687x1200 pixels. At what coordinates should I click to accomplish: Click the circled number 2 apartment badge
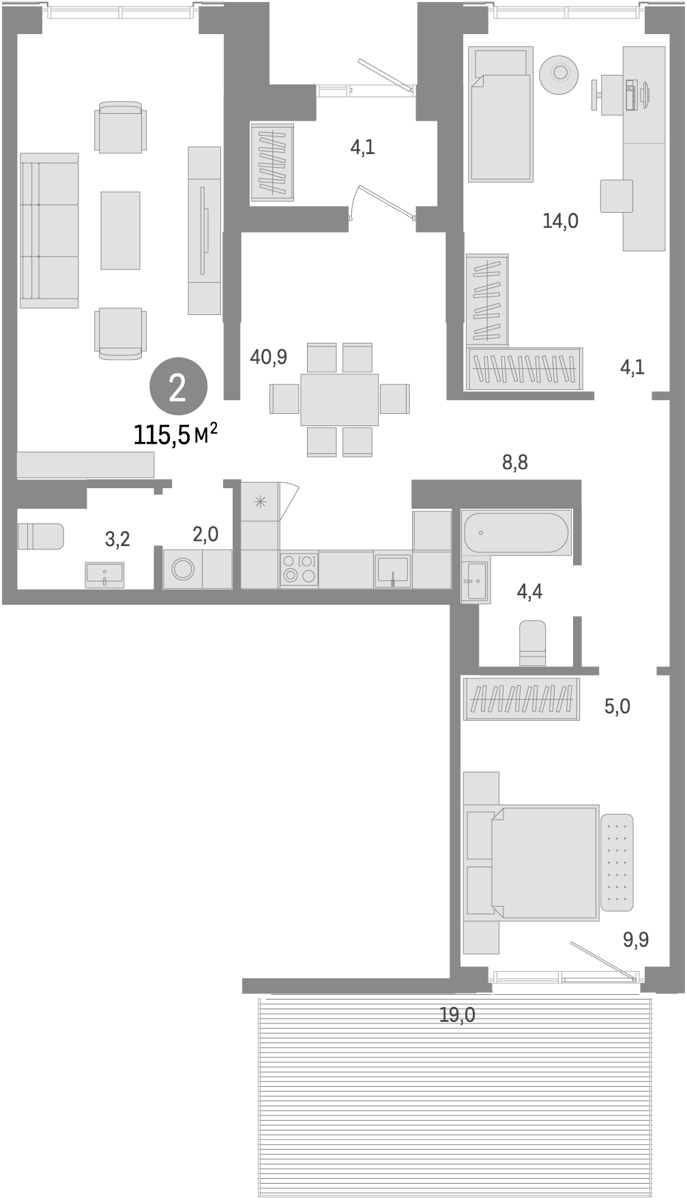pyautogui.click(x=177, y=388)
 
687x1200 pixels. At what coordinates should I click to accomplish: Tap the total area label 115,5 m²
pyautogui.click(x=175, y=434)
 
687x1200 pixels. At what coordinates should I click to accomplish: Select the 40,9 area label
pyautogui.click(x=269, y=356)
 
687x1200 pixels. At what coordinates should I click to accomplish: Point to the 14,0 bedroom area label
pyautogui.click(x=560, y=220)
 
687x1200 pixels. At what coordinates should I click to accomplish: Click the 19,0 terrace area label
pyautogui.click(x=457, y=1015)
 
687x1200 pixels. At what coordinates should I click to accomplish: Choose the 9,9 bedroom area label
pyautogui.click(x=635, y=940)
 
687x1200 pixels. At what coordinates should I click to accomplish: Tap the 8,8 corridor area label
pyautogui.click(x=515, y=462)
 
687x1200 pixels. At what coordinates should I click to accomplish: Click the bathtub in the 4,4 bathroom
pyautogui.click(x=515, y=532)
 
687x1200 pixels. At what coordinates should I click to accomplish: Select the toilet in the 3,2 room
pyautogui.click(x=40, y=537)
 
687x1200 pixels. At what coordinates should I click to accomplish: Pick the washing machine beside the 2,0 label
pyautogui.click(x=183, y=569)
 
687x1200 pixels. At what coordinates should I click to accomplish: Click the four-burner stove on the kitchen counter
pyautogui.click(x=299, y=569)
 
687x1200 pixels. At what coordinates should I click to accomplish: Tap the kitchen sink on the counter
pyautogui.click(x=393, y=569)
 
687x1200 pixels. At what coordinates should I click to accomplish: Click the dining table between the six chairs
pyautogui.click(x=339, y=400)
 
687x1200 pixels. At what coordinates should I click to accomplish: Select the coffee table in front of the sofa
pyautogui.click(x=120, y=230)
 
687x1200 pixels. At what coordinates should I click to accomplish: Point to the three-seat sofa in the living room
pyautogui.click(x=49, y=230)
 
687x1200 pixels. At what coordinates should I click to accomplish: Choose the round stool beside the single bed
pyautogui.click(x=559, y=73)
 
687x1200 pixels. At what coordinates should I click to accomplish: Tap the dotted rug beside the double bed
pyautogui.click(x=617, y=862)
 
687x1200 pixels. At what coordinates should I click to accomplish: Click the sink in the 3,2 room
pyautogui.click(x=104, y=574)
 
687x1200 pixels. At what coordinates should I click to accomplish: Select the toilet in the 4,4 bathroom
pyautogui.click(x=532, y=642)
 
